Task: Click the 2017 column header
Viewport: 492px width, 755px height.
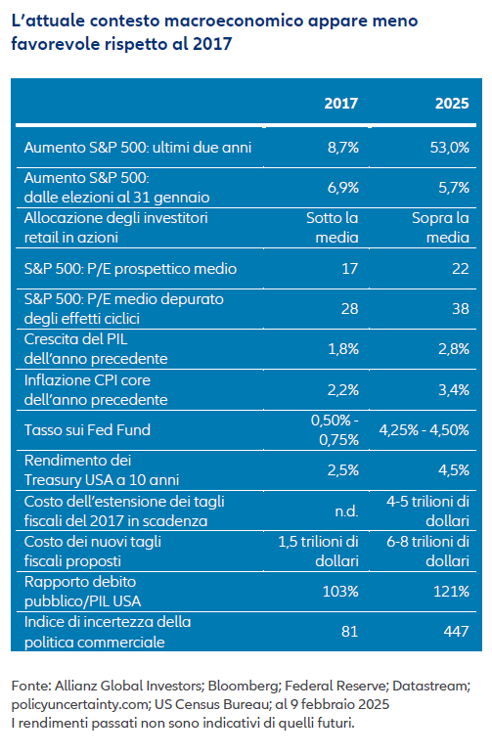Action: (x=340, y=103)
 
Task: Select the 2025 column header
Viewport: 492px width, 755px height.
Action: (x=452, y=103)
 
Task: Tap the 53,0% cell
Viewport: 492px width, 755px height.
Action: (x=449, y=148)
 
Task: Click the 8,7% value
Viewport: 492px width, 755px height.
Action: (x=342, y=148)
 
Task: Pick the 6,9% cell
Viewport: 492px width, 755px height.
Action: (x=342, y=188)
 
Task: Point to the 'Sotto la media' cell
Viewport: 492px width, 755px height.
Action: (x=333, y=227)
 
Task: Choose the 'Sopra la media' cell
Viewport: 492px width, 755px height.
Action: (x=440, y=227)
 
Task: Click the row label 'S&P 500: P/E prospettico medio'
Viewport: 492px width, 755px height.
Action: (x=130, y=268)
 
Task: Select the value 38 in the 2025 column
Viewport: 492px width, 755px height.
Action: (x=461, y=308)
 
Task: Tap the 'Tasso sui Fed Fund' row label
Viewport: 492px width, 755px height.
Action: (x=87, y=429)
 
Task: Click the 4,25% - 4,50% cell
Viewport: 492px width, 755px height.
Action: (x=425, y=429)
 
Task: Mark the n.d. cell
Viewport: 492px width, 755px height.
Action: (x=346, y=511)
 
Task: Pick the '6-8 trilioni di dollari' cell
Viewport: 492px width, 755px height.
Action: (x=428, y=551)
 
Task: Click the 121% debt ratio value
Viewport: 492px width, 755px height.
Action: (x=451, y=591)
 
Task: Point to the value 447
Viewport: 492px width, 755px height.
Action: (x=456, y=631)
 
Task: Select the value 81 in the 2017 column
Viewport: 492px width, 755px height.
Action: (x=349, y=631)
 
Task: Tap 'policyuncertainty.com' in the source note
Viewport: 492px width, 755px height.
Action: (x=79, y=704)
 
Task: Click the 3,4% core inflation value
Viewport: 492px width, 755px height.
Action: (x=454, y=389)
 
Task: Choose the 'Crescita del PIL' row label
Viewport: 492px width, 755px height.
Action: (x=75, y=339)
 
